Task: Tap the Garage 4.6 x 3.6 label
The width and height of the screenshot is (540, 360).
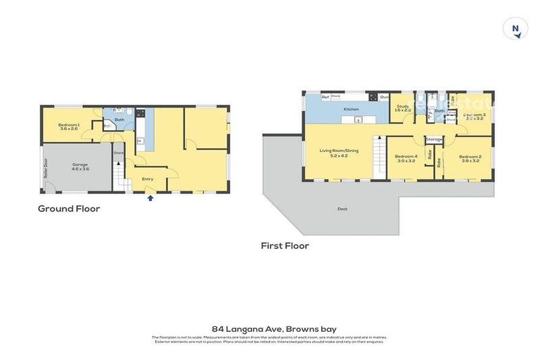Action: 80,167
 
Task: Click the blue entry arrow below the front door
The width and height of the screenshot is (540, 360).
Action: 150,198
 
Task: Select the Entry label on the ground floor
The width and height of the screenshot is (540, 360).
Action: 148,179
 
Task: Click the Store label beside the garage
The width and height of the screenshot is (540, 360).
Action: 119,153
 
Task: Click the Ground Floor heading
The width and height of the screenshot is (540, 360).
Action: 69,208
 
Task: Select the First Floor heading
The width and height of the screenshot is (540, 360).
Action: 285,245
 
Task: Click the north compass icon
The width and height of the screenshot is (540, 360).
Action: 515,29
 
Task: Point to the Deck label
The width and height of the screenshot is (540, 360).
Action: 342,208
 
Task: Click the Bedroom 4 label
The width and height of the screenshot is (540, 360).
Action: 406,158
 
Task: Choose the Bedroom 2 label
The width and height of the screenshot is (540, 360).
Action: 470,159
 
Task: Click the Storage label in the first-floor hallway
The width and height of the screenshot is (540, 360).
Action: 434,139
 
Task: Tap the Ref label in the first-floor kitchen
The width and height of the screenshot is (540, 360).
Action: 326,96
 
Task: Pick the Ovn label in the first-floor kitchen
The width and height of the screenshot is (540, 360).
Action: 384,97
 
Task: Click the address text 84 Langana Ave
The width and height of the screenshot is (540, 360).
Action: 269,328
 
